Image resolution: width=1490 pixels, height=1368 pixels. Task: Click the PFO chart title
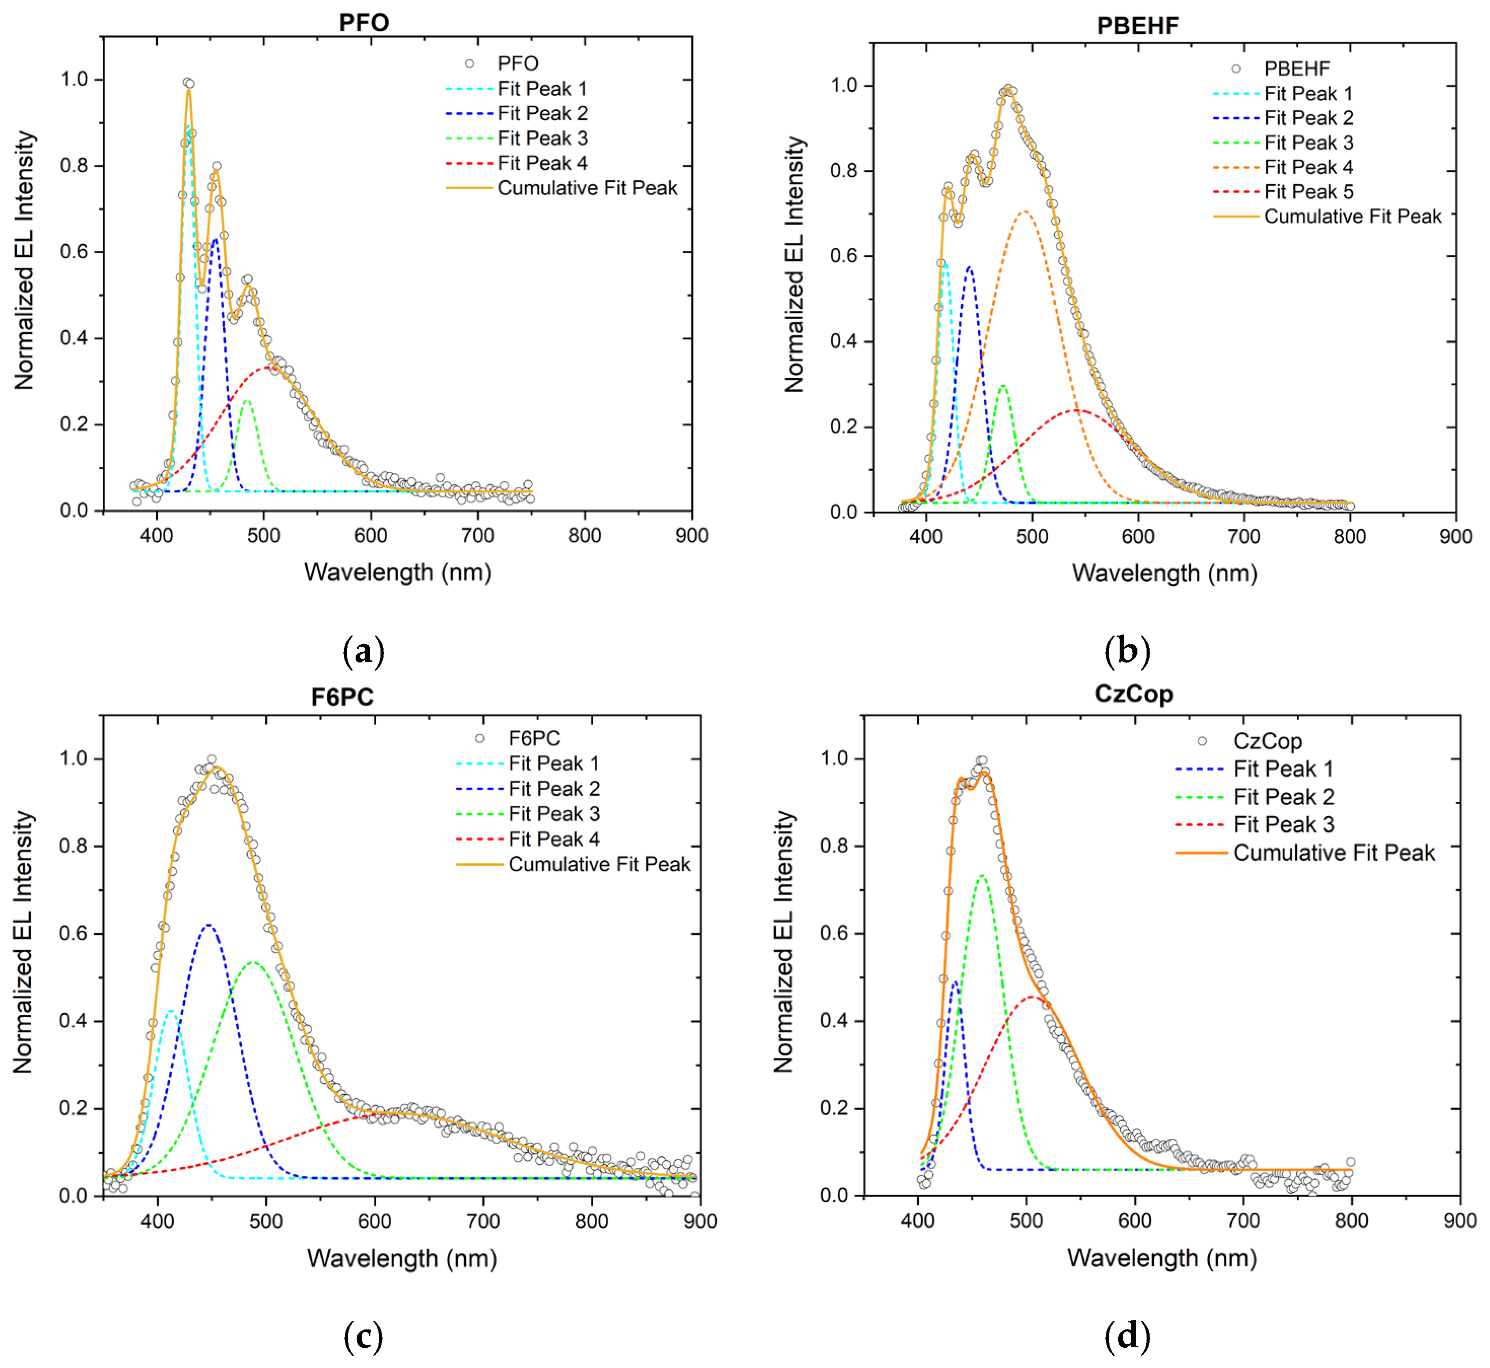pyautogui.click(x=364, y=22)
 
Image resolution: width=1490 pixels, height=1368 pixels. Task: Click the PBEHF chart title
pyautogui.click(x=1137, y=26)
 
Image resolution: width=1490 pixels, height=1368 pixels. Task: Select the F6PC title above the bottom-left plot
pyautogui.click(x=342, y=697)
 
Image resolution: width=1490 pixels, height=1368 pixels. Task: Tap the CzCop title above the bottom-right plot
pyautogui.click(x=1134, y=694)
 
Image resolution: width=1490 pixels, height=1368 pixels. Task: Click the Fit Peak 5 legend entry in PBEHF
pyautogui.click(x=1308, y=192)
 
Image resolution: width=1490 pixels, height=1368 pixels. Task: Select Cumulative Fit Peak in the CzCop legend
pyautogui.click(x=1334, y=853)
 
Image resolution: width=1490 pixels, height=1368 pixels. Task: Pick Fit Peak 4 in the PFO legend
pyautogui.click(x=542, y=163)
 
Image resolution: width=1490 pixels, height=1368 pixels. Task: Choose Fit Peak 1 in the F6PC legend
pyautogui.click(x=553, y=763)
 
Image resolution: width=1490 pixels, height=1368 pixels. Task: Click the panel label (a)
pyautogui.click(x=364, y=651)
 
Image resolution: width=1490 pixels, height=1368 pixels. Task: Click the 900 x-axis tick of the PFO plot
pyautogui.click(x=691, y=535)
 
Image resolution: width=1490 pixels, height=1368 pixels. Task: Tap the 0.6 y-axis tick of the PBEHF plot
pyautogui.click(x=844, y=256)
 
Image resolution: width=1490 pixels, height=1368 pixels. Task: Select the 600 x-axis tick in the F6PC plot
pyautogui.click(x=375, y=1221)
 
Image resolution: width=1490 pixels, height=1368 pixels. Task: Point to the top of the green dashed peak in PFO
pyautogui.click(x=248, y=401)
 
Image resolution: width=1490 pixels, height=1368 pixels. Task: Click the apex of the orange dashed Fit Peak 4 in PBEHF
pyautogui.click(x=1024, y=212)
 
